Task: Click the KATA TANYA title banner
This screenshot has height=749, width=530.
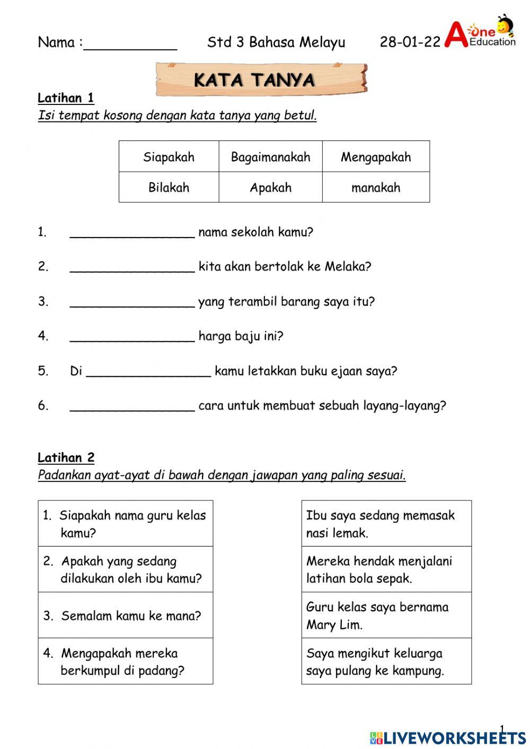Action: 261,80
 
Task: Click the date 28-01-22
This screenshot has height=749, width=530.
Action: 410,42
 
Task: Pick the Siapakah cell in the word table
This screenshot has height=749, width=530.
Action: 169,157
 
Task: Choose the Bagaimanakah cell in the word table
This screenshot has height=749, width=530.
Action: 270,157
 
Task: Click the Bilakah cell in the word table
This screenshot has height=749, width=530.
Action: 169,188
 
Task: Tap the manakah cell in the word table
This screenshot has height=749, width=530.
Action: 376,188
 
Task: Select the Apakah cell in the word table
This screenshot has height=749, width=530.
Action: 270,188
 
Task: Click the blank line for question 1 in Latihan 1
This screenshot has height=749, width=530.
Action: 132,233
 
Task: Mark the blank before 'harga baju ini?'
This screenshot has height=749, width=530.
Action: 132,337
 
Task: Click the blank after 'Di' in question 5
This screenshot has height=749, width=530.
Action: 148,372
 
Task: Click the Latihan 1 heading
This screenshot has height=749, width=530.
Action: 66,98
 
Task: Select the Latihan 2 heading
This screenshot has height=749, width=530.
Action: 66,457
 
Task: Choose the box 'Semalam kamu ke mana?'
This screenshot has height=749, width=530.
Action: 126,615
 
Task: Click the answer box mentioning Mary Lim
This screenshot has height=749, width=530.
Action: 386,615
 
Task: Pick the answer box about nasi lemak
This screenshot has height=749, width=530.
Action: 386,524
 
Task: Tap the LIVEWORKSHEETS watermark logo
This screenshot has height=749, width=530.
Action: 448,737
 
